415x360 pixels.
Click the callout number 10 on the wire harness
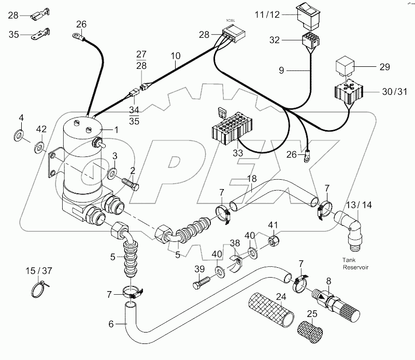[176, 55]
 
